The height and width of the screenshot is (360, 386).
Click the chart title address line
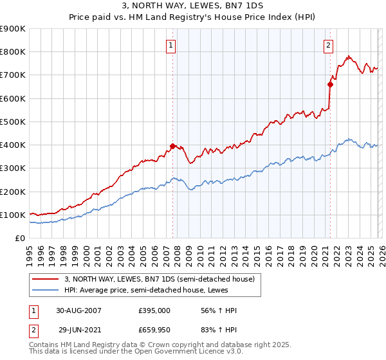[193, 6]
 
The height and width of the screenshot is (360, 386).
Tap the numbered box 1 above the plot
[171, 45]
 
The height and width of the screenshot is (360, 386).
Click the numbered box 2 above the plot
[328, 45]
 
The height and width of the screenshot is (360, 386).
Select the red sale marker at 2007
[173, 146]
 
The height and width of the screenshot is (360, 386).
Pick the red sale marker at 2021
[330, 84]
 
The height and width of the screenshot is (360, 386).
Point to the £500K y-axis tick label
[13, 122]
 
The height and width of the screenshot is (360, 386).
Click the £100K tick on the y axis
[13, 215]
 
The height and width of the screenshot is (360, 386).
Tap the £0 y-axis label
[19, 238]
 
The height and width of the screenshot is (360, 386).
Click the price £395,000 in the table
[154, 310]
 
